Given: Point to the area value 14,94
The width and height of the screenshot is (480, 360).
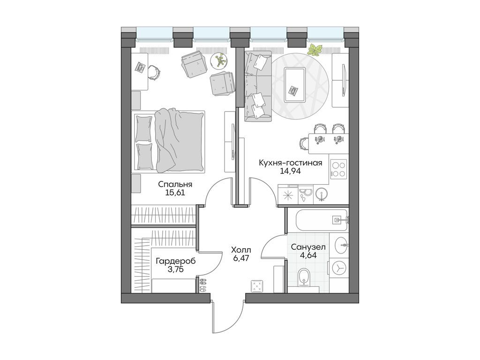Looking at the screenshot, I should click(291, 171).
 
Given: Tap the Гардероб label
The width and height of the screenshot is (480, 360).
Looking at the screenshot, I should click(175, 261).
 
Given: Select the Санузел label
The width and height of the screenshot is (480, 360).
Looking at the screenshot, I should click(308, 247).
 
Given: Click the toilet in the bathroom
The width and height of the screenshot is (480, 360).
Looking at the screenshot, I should click(304, 277).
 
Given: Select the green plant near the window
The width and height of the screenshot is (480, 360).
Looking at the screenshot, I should click(315, 49).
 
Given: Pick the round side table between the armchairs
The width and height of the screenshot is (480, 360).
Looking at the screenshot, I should click(218, 60).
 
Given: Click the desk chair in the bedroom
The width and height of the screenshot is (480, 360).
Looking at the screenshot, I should click(154, 71).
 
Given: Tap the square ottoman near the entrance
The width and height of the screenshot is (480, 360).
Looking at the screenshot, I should click(257, 285).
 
